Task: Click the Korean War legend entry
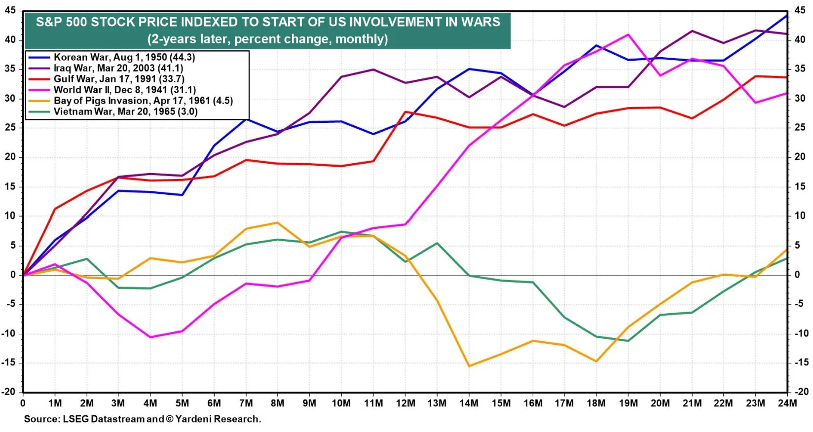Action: click(x=124, y=57)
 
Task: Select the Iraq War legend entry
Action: click(x=118, y=68)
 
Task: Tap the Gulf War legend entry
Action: click(x=118, y=79)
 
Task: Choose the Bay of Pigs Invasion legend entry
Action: click(x=143, y=101)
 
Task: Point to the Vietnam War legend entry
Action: click(x=125, y=111)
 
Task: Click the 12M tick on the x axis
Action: click(x=406, y=403)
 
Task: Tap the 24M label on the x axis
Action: click(x=787, y=403)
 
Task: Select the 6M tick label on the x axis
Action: click(x=214, y=403)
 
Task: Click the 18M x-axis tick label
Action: click(x=596, y=403)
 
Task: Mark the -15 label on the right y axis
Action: click(x=801, y=362)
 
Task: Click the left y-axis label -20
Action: click(x=10, y=392)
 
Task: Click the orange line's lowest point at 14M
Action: click(x=469, y=366)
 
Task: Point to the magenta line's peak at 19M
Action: click(x=628, y=35)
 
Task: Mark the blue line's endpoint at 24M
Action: click(x=787, y=15)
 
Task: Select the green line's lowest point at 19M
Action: click(x=628, y=341)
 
